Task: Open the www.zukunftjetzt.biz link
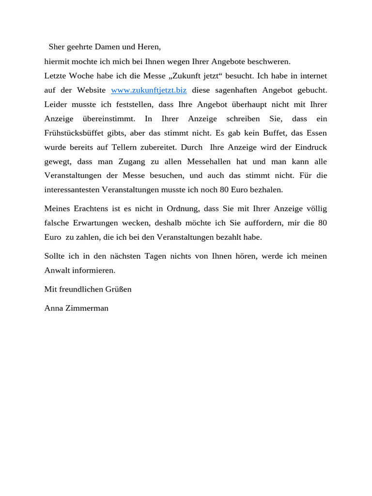149,90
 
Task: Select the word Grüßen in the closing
119,289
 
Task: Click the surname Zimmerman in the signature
88,308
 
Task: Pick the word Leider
55,104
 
